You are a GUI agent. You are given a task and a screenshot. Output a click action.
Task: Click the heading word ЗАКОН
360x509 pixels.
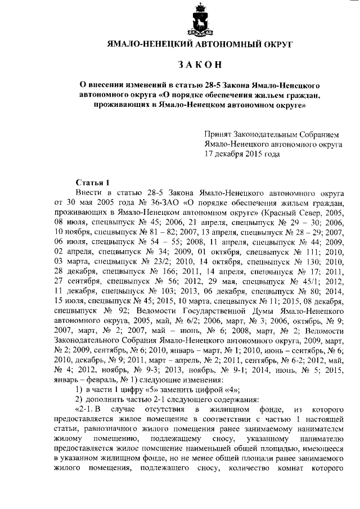197,65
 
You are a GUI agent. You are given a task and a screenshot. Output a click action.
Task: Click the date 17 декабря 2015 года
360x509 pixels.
242,153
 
